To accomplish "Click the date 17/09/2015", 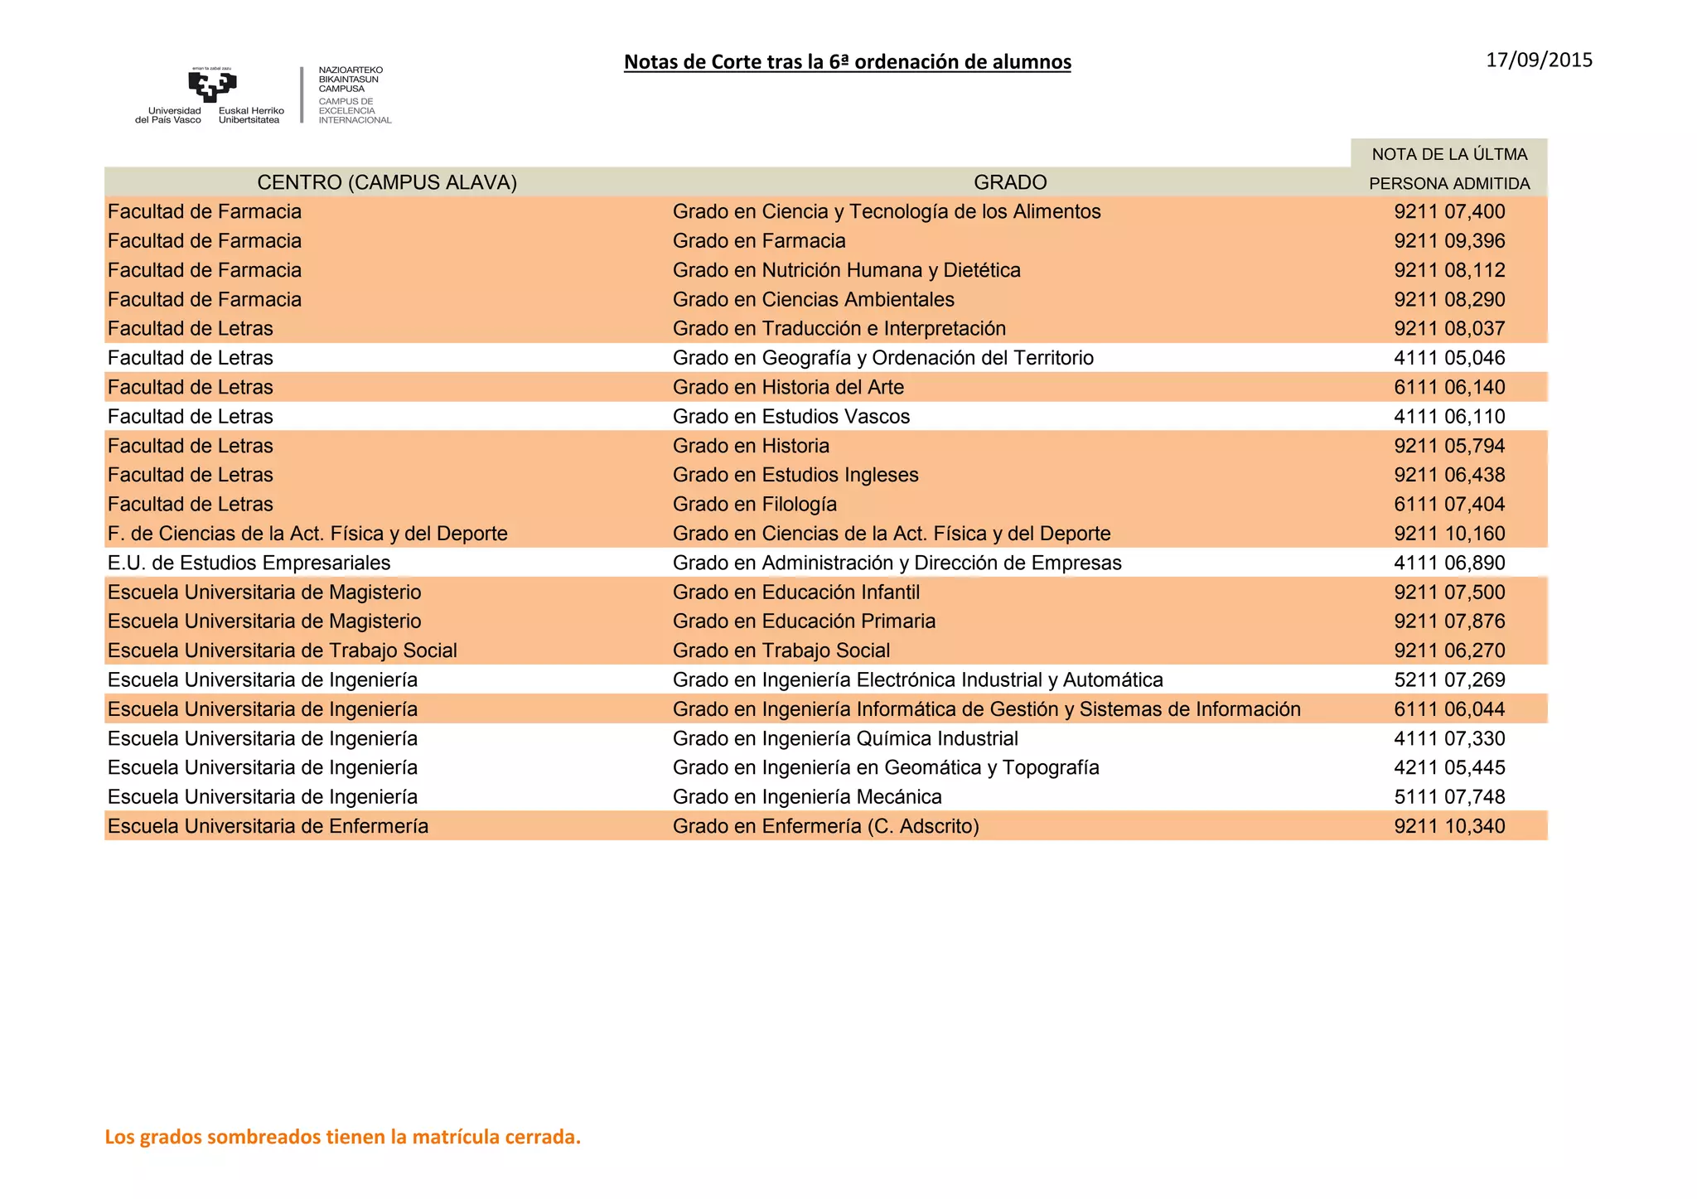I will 1539,60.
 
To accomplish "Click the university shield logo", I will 212,85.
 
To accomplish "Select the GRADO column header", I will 1010,182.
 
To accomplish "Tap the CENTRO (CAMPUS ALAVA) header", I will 387,182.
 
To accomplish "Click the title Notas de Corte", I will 847,62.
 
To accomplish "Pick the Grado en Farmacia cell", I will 759,241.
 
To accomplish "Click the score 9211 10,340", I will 1449,826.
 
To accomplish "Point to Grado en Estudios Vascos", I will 790,417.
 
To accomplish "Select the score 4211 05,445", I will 1449,768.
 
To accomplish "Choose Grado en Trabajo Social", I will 781,651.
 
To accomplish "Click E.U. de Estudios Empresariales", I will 249,563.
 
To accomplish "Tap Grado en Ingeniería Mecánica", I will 807,797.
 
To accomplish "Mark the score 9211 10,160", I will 1449,534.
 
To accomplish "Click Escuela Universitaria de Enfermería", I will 268,826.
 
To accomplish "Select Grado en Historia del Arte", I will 788,388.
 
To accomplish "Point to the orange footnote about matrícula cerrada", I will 342,1137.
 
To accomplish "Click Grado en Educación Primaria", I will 804,621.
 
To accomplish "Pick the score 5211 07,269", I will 1449,680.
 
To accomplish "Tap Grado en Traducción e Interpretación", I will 839,329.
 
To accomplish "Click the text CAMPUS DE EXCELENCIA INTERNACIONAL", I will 355,111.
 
